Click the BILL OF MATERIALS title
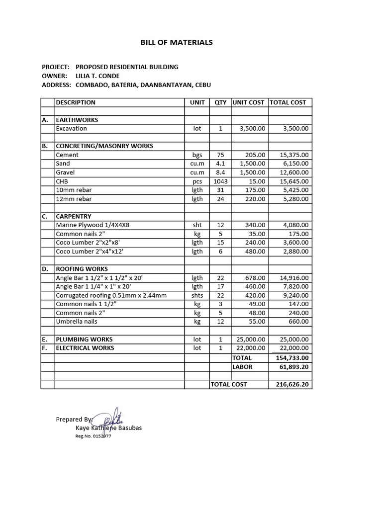(177, 43)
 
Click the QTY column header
(220, 102)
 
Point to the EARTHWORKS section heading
(77, 120)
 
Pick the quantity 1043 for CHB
(220, 181)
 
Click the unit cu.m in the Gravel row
(197, 172)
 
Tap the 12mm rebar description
(74, 199)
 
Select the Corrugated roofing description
(111, 295)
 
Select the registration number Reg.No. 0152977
(93, 436)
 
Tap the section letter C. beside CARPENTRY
(45, 217)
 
